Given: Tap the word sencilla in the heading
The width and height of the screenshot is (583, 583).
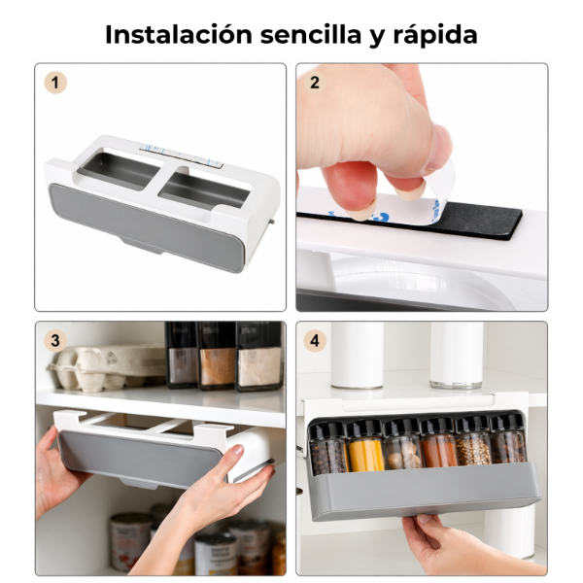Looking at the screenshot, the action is pyautogui.click(x=311, y=35).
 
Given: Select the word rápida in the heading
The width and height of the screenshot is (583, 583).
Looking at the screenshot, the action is pyautogui.click(x=435, y=36).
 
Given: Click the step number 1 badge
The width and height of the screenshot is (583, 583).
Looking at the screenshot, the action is pyautogui.click(x=55, y=83).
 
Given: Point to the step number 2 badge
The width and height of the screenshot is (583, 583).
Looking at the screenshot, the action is pyautogui.click(x=315, y=83).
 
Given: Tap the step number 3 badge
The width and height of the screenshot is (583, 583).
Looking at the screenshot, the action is pyautogui.click(x=55, y=341).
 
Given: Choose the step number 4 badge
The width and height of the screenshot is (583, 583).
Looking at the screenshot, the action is pyautogui.click(x=315, y=341).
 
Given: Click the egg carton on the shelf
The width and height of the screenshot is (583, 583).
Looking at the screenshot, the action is pyautogui.click(x=108, y=368).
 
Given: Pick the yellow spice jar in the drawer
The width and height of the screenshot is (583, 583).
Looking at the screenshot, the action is pyautogui.click(x=365, y=446).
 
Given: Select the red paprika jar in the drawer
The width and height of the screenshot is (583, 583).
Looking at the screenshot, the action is pyautogui.click(x=438, y=442).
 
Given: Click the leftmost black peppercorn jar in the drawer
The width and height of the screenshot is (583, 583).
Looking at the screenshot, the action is pyautogui.click(x=328, y=449).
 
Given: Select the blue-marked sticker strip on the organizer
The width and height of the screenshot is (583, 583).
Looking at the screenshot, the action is pyautogui.click(x=181, y=155).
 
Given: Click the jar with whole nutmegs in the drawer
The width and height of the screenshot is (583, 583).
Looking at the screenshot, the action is pyautogui.click(x=402, y=444).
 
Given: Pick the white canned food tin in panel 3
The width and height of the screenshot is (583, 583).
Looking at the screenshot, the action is pyautogui.click(x=130, y=541).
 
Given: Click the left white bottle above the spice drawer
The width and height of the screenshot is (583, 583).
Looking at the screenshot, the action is pyautogui.click(x=357, y=355).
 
